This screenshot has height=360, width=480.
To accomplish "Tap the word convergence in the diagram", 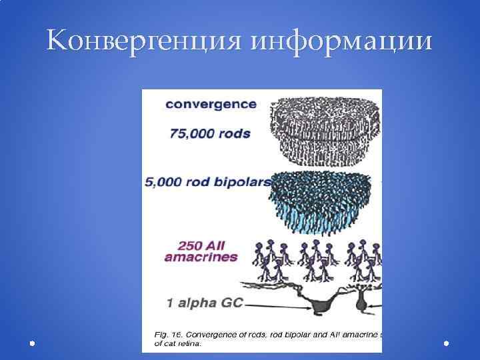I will [x=211, y=104].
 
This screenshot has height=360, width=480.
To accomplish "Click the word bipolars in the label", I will [x=245, y=182].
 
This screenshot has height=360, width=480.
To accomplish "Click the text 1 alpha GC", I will [x=204, y=303].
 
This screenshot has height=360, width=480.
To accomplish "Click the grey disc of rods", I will [x=325, y=130].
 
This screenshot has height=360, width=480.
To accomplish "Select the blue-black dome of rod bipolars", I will [x=325, y=198].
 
